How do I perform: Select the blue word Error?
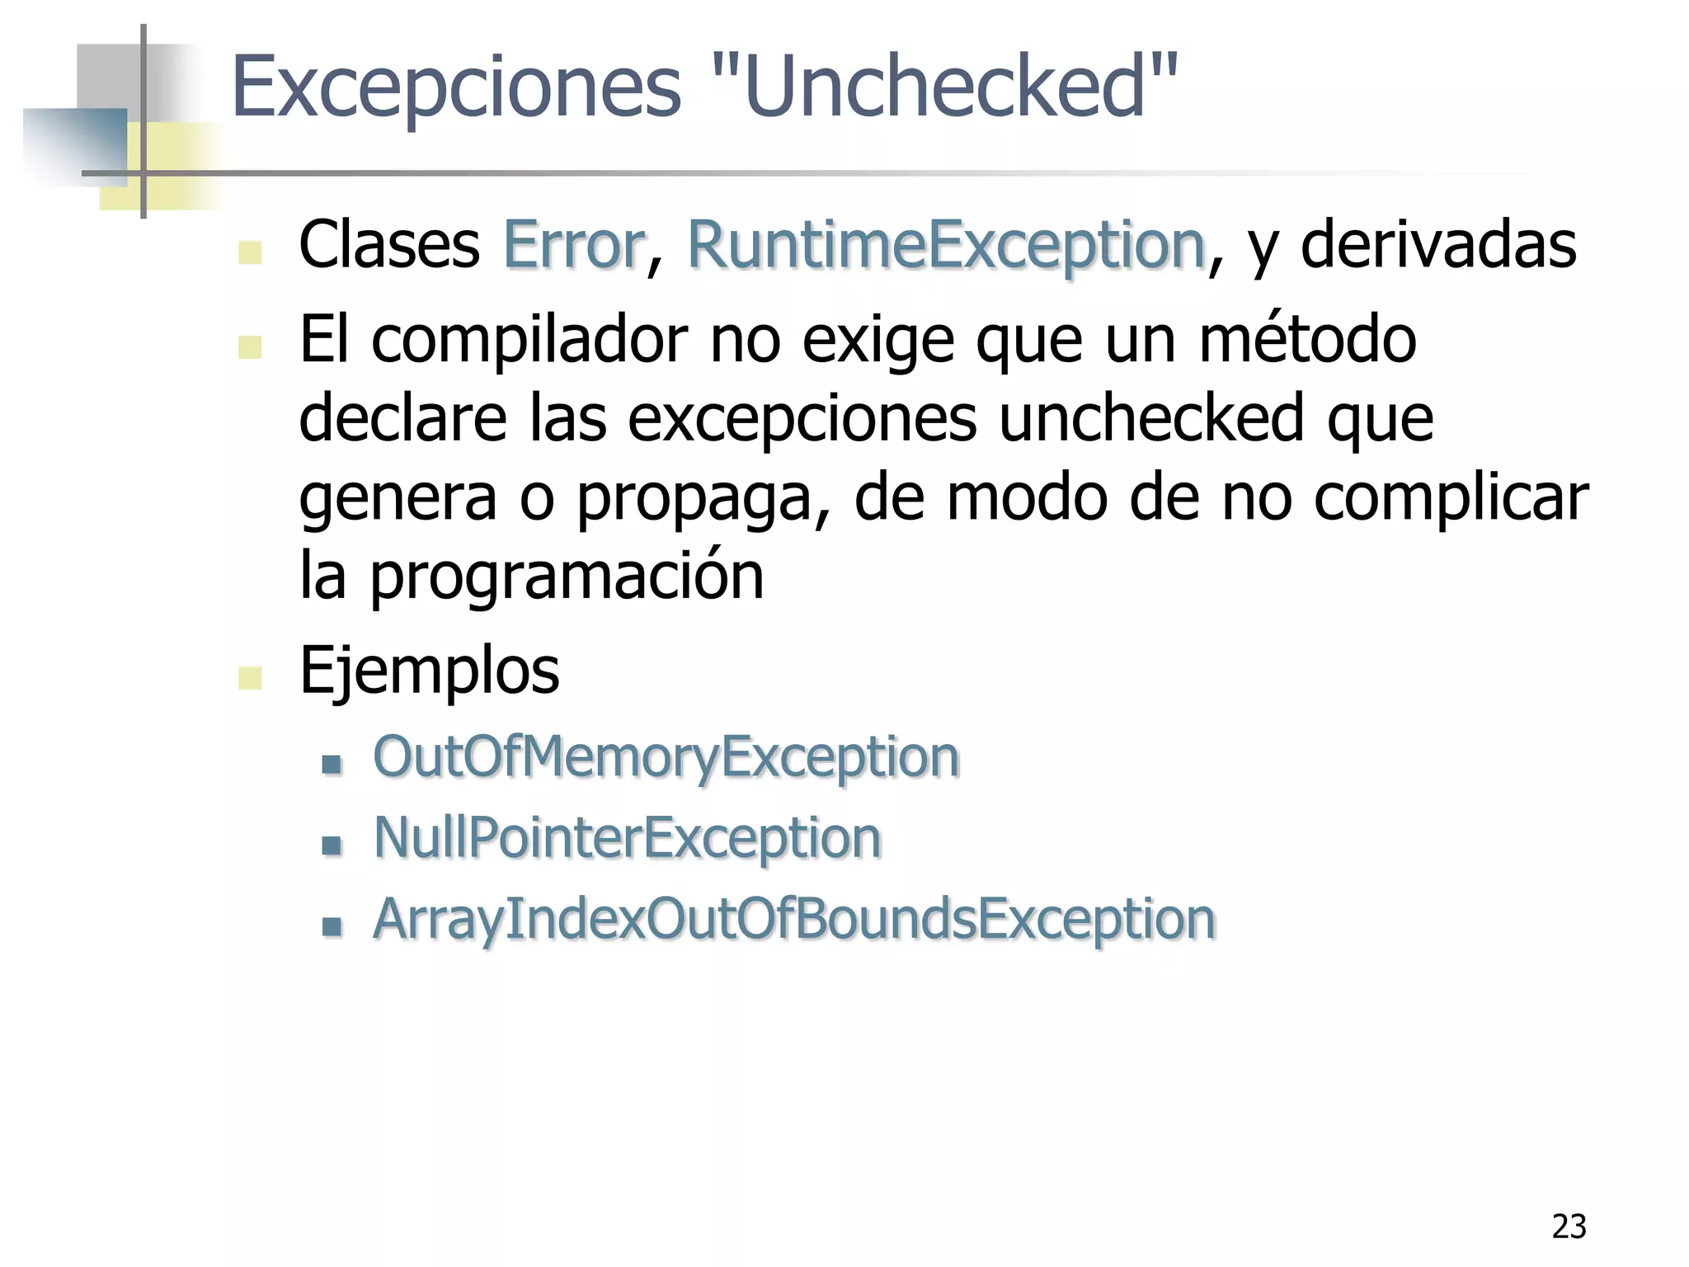pyautogui.click(x=573, y=245)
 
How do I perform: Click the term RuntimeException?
pyautogui.click(x=946, y=245)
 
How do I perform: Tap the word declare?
pyautogui.click(x=402, y=418)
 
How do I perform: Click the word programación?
pyautogui.click(x=566, y=577)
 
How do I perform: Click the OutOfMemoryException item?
pyautogui.click(x=666, y=757)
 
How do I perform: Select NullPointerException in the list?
pyautogui.click(x=627, y=838)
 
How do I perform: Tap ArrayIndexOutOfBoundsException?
pyautogui.click(x=793, y=919)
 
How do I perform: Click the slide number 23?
pyautogui.click(x=1569, y=1227)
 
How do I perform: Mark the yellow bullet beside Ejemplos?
pyautogui.click(x=250, y=678)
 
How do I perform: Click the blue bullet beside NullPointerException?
pyautogui.click(x=332, y=845)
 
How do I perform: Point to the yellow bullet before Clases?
pyautogui.click(x=250, y=252)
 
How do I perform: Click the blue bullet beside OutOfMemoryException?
pyautogui.click(x=332, y=764)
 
